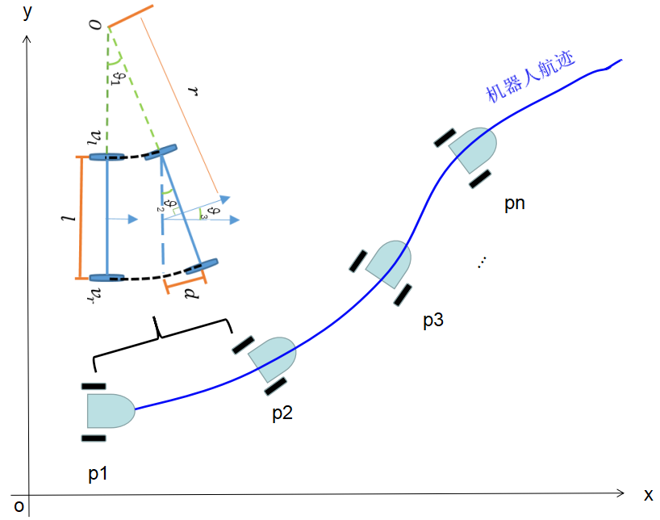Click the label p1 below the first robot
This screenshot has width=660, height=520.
click(x=98, y=474)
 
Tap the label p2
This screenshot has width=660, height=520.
click(x=282, y=413)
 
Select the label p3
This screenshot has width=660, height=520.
click(x=433, y=321)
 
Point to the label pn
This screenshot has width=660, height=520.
click(x=514, y=203)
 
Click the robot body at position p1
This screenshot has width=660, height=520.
click(x=110, y=411)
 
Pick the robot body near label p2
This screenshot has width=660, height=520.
click(x=274, y=358)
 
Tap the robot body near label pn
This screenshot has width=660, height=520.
click(x=473, y=149)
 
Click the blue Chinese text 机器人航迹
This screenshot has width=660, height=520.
click(x=529, y=78)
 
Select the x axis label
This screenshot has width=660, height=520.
click(x=648, y=494)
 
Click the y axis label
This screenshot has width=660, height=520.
click(x=28, y=11)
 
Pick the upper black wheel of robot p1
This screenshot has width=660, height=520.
click(x=94, y=385)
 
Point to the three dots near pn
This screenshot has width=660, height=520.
click(x=482, y=262)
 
